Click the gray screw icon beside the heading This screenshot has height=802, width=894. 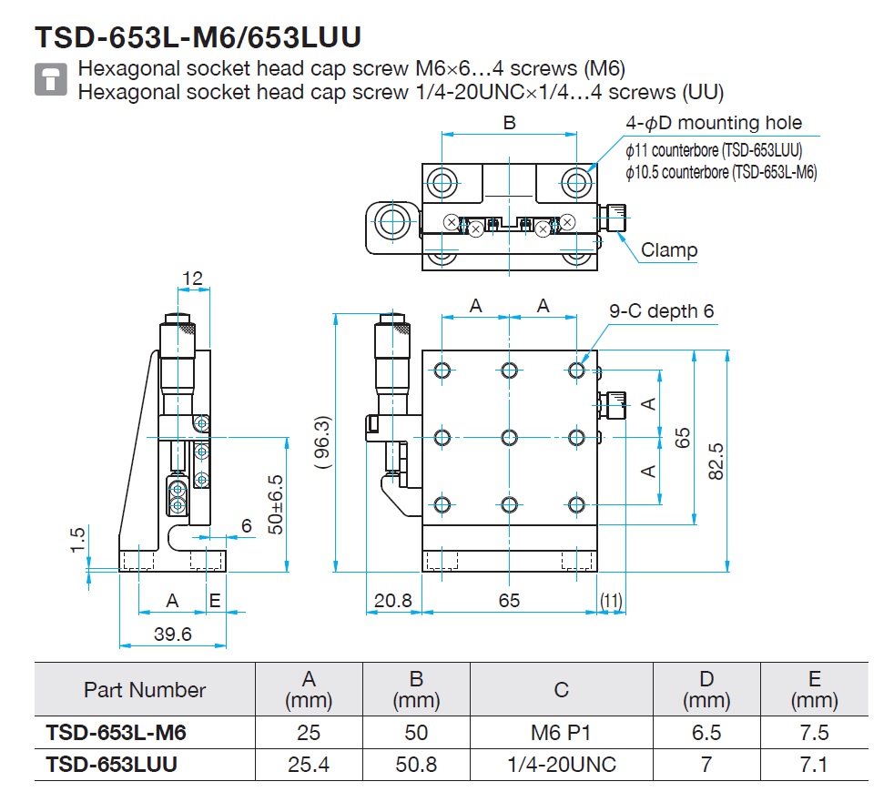click(x=51, y=78)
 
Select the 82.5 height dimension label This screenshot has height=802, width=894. click(x=716, y=462)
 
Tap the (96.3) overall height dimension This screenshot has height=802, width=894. click(x=322, y=442)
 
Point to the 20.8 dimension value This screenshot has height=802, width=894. click(x=393, y=600)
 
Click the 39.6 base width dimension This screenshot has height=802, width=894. click(x=172, y=634)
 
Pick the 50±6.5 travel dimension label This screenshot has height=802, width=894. click(x=275, y=504)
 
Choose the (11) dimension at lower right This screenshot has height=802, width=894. click(x=611, y=600)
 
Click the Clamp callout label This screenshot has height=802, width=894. click(x=669, y=249)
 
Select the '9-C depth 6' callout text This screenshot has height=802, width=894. click(x=661, y=311)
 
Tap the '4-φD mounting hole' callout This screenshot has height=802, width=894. click(x=714, y=123)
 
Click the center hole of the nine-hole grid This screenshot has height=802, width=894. click(x=509, y=438)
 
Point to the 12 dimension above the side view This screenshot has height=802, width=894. click(x=192, y=279)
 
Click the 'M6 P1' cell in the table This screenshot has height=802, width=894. click(x=561, y=733)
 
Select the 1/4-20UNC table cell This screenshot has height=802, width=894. click(x=562, y=765)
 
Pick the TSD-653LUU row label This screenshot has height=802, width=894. click(x=112, y=765)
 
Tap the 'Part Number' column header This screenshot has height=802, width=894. click(x=145, y=690)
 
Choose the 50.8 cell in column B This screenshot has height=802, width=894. click(x=416, y=765)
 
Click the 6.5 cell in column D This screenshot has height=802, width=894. click(x=706, y=733)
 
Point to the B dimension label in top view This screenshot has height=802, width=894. click(x=509, y=123)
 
